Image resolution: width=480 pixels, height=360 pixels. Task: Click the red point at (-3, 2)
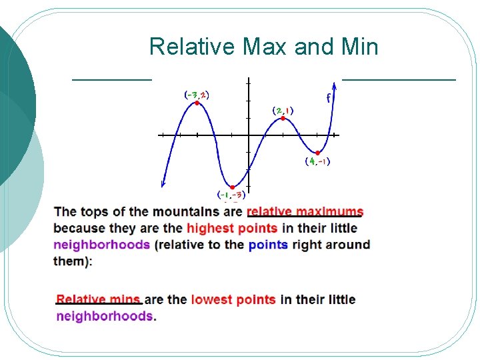197,103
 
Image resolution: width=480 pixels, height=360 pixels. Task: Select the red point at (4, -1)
318,153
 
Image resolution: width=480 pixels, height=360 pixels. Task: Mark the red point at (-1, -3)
233,187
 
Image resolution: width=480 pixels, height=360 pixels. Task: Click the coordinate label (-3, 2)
197,95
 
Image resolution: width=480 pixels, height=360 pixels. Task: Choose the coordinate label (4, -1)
318,161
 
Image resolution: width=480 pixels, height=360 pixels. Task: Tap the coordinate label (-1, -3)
231,195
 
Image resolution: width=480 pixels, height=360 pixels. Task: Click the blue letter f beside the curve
328,98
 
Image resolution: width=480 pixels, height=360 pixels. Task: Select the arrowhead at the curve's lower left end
163,184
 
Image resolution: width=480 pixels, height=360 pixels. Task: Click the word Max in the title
265,46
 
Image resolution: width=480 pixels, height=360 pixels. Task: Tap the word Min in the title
360,46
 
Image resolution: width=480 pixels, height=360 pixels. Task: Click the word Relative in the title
192,46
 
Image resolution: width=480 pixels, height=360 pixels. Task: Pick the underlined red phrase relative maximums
305,211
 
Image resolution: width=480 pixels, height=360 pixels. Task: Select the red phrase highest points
232,228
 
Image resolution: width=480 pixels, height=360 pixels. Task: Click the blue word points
268,245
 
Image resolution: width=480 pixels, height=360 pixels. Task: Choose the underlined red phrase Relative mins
98,299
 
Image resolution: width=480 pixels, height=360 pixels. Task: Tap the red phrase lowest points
233,300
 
